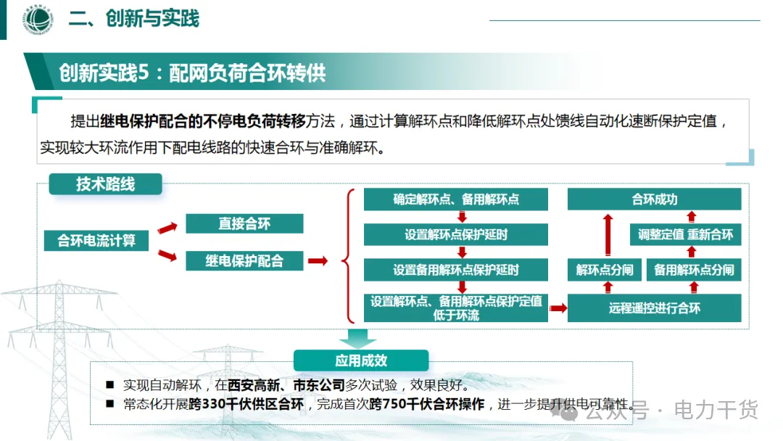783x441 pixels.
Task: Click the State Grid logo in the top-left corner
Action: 36,20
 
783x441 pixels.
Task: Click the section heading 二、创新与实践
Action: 134,18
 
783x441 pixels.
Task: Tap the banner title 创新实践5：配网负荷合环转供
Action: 193,73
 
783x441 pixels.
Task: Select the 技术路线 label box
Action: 106,184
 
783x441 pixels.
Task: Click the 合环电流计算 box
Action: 96,240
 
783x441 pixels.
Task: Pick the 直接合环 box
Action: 244,223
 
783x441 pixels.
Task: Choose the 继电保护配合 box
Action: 244,260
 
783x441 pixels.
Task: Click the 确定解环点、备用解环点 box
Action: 456,199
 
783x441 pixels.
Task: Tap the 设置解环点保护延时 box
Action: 456,234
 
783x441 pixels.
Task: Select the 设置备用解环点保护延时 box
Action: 456,270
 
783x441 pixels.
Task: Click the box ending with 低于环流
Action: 456,308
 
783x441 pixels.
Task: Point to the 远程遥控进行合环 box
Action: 654,308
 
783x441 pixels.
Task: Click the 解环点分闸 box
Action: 605,270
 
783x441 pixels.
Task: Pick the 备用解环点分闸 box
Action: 694,270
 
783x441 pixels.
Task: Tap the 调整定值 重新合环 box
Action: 685,234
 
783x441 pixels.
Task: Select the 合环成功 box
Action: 654,199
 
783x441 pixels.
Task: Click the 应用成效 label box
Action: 361,360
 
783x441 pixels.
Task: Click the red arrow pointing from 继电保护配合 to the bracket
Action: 318,261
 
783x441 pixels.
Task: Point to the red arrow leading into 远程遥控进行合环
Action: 558,308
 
